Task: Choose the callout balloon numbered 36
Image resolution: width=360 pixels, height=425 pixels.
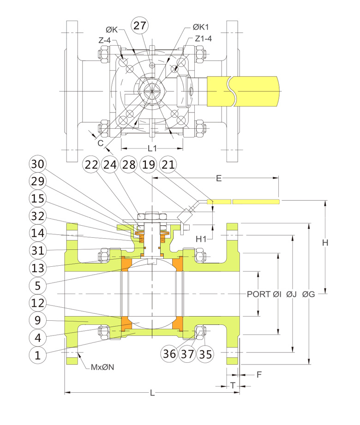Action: [x=169, y=354]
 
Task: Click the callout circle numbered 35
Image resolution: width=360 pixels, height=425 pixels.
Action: [x=204, y=354]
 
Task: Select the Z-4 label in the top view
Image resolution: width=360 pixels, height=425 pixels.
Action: [x=104, y=40]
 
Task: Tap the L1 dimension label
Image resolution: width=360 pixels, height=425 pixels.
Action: [x=152, y=149]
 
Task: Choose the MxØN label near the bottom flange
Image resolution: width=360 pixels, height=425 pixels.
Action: [x=102, y=367]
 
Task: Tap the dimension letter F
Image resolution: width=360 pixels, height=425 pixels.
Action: [x=259, y=375]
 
